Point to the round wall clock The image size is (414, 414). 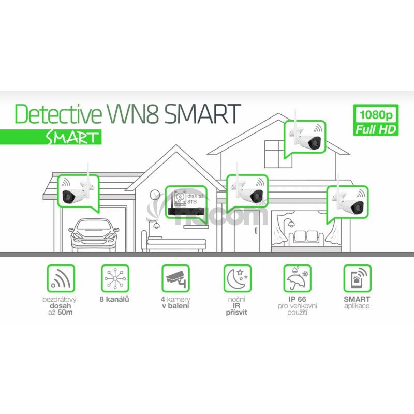click(155, 194)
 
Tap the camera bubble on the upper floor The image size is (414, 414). click(304, 137)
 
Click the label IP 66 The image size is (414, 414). click(297, 299)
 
